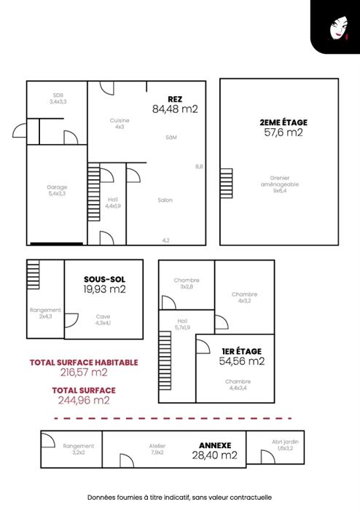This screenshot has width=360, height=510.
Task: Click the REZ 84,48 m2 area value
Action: pyautogui.click(x=175, y=109)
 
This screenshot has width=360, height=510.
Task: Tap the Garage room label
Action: pyautogui.click(x=57, y=187)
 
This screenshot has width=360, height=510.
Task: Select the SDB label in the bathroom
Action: pyautogui.click(x=58, y=95)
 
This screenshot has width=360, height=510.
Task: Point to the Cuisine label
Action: pyautogui.click(x=120, y=120)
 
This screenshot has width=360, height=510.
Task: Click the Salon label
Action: pyautogui.click(x=165, y=200)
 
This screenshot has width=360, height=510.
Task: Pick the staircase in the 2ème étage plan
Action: pyautogui.click(x=227, y=183)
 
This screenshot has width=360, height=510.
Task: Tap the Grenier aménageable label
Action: pyautogui.click(x=280, y=181)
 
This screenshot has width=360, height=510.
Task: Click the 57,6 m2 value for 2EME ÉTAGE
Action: pyautogui.click(x=283, y=133)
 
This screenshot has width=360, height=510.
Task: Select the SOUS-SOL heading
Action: pyautogui.click(x=104, y=279)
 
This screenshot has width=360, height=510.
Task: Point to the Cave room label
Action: pyautogui.click(x=103, y=316)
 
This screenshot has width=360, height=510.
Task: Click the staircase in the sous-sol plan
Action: pyautogui.click(x=34, y=274)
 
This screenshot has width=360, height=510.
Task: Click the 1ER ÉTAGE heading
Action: pyautogui.click(x=242, y=351)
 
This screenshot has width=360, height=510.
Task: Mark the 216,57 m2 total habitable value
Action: pyautogui.click(x=84, y=372)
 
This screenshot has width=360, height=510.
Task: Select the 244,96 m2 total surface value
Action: pyautogui.click(x=84, y=400)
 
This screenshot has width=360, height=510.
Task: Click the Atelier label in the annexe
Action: pyautogui.click(x=157, y=446)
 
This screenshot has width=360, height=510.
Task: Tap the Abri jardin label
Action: pyautogui.click(x=285, y=442)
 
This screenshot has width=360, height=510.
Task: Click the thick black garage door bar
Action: pyautogui.click(x=57, y=243)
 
